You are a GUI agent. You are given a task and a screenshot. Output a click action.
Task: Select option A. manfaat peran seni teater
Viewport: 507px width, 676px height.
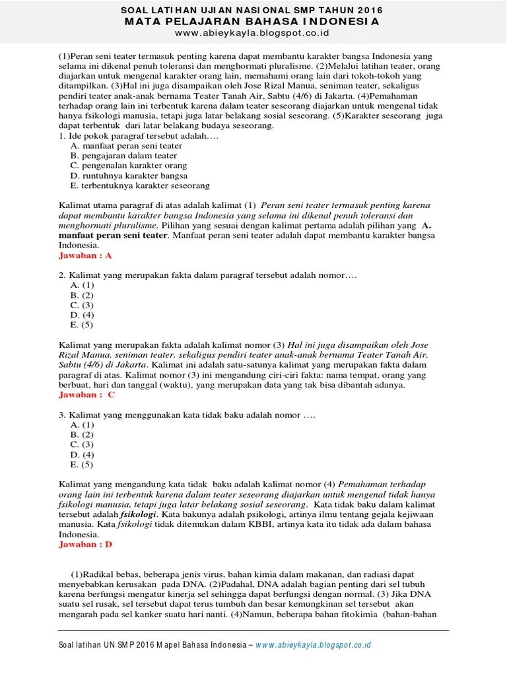tap(126, 146)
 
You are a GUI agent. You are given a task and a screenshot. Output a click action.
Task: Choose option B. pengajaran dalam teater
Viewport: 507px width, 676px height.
tap(123, 156)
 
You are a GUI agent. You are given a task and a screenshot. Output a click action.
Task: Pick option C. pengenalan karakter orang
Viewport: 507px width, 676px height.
tap(128, 166)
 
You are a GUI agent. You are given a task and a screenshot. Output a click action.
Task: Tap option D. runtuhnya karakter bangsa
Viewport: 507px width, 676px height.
tap(129, 176)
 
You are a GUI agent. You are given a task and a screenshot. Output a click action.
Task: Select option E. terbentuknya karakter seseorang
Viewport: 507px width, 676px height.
tap(139, 186)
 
